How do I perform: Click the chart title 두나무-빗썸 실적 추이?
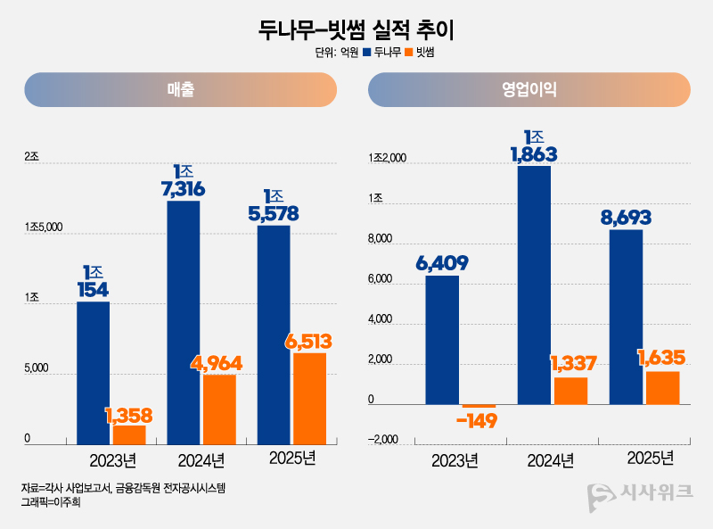(x=356, y=29)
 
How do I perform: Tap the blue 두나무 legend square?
(x=365, y=53)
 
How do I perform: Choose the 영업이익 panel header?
(x=529, y=90)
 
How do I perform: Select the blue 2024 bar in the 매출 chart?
(x=183, y=322)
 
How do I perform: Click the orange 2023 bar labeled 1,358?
(x=129, y=434)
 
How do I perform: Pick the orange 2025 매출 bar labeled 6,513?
(x=308, y=398)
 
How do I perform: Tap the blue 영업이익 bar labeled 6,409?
(x=442, y=339)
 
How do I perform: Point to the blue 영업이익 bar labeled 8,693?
(x=626, y=317)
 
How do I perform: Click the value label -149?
(x=476, y=421)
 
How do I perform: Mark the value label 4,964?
(x=217, y=363)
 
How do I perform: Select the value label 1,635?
(x=660, y=358)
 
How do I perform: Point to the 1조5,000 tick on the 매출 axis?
(x=43, y=227)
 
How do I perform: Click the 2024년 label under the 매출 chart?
(x=201, y=460)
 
